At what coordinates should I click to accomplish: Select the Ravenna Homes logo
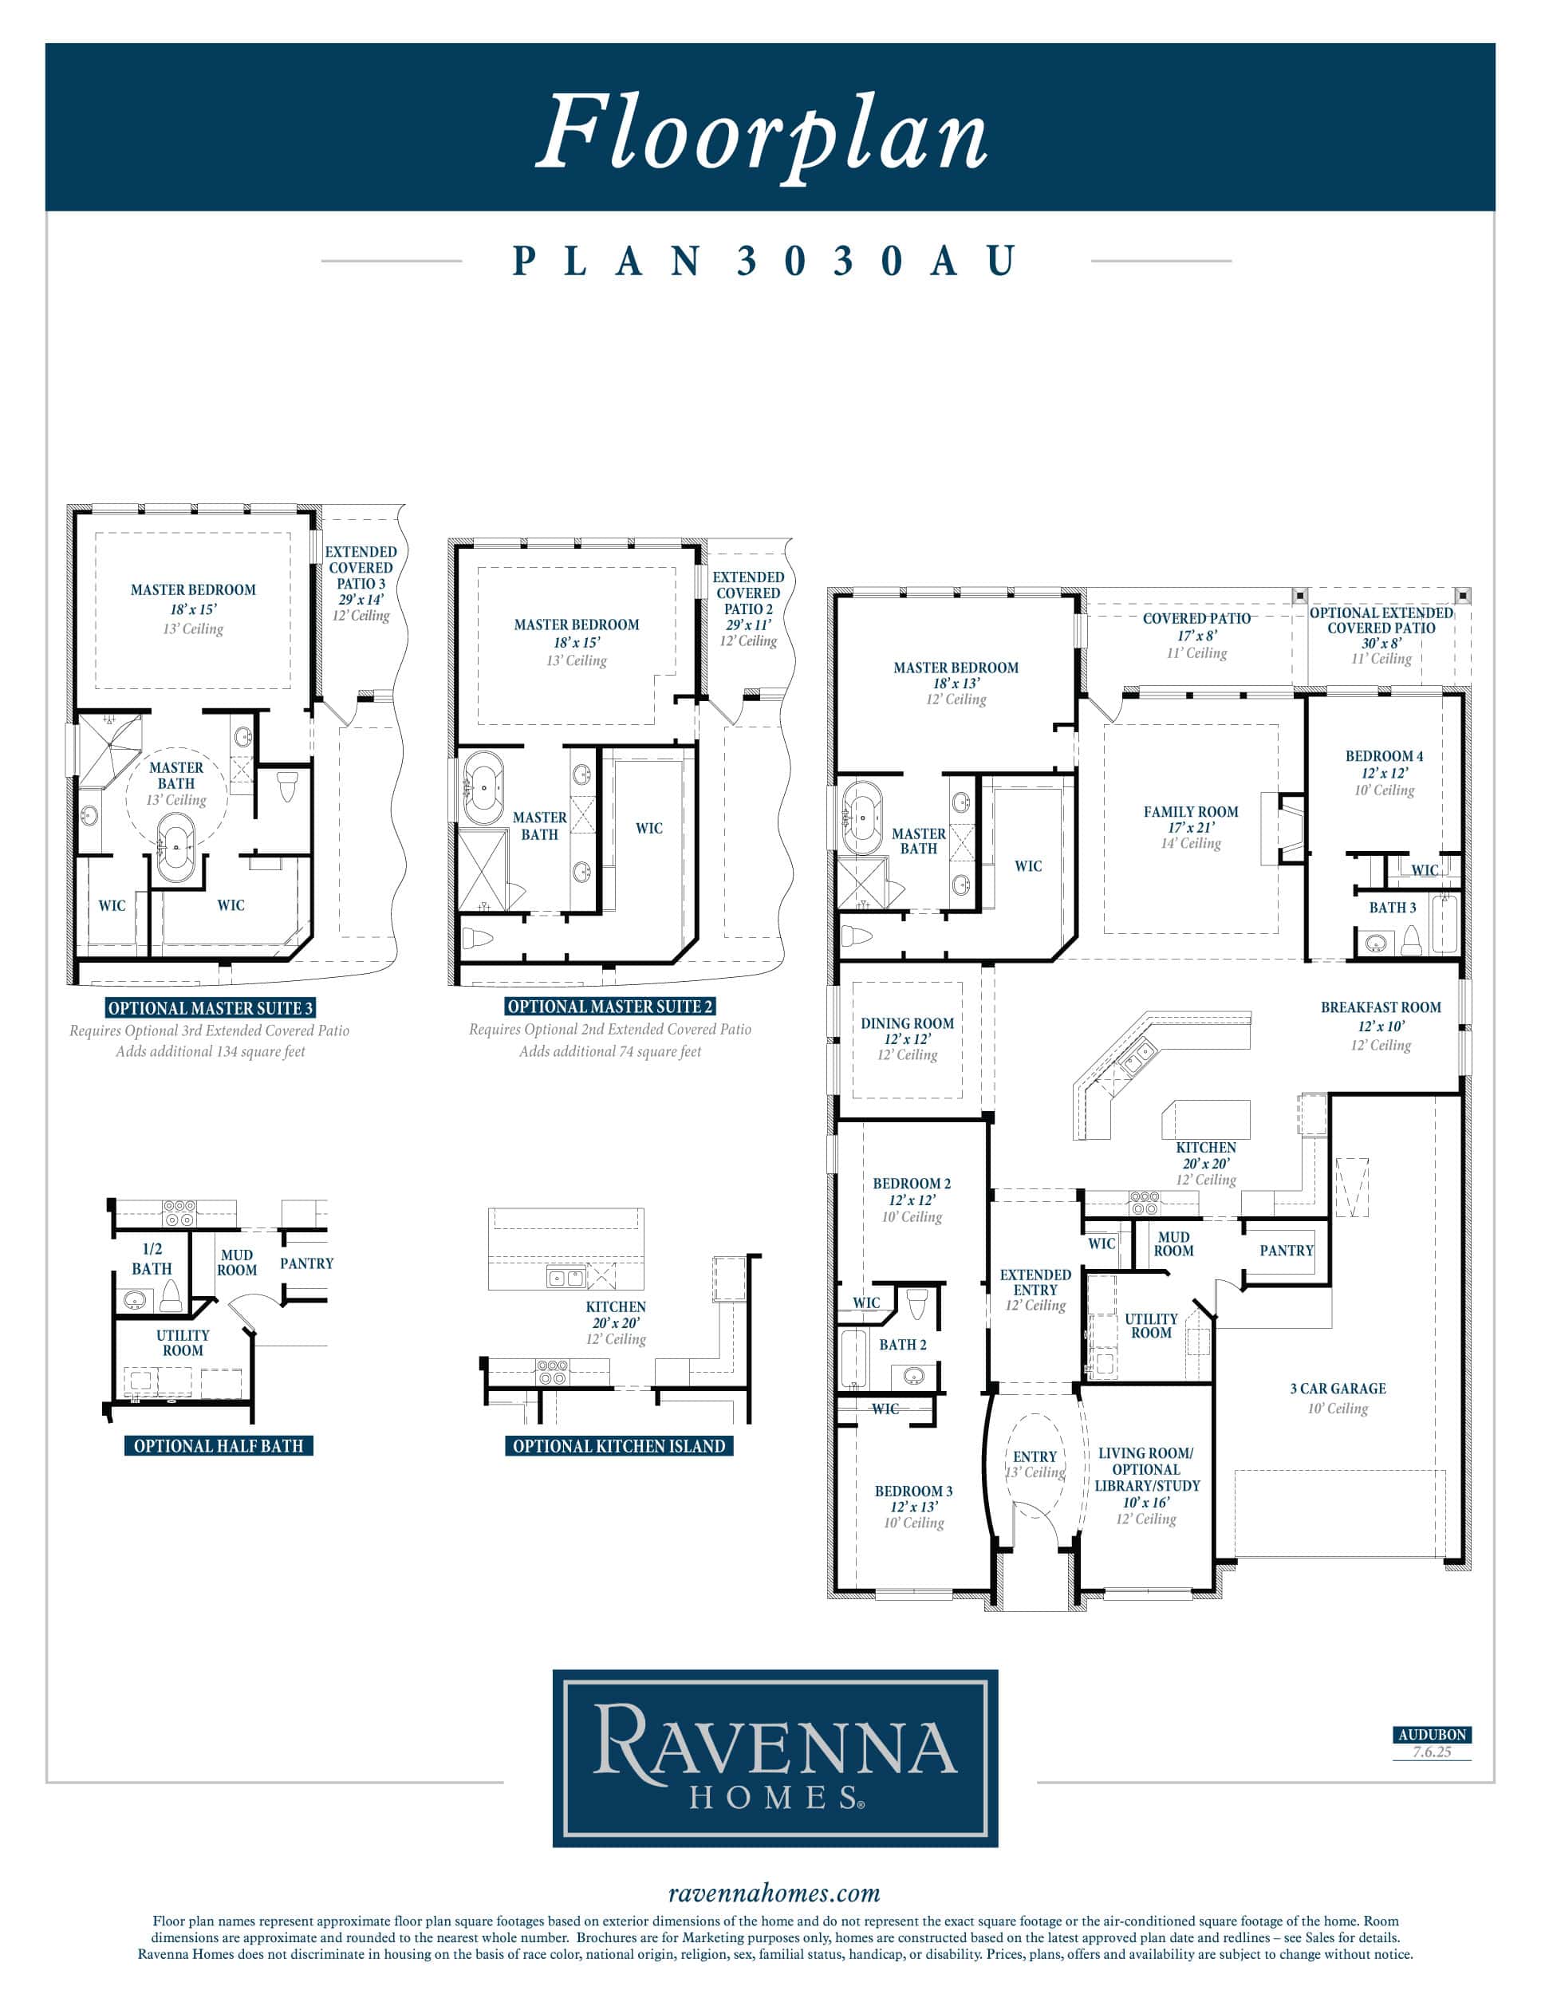coord(775,1759)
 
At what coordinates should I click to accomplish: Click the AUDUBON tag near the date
coord(1433,1735)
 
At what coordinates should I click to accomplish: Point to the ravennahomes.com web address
coord(774,1894)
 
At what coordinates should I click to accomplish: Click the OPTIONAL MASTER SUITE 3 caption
coord(210,1008)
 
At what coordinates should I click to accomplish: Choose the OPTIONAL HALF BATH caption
coord(219,1445)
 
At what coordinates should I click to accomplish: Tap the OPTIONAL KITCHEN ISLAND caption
coord(619,1446)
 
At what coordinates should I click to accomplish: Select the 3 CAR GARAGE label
coord(1338,1389)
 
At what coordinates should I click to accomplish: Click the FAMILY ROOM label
coord(1190,812)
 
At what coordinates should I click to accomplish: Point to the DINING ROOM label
coord(907,1023)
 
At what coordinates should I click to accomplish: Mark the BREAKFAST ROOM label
coord(1381,1007)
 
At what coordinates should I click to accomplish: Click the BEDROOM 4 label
coord(1384,756)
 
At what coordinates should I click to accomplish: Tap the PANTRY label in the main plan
coord(1287,1251)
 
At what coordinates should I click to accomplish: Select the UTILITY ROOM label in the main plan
coord(1151,1326)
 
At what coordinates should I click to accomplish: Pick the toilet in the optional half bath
coord(171,1295)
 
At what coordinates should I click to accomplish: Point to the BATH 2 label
coord(902,1345)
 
